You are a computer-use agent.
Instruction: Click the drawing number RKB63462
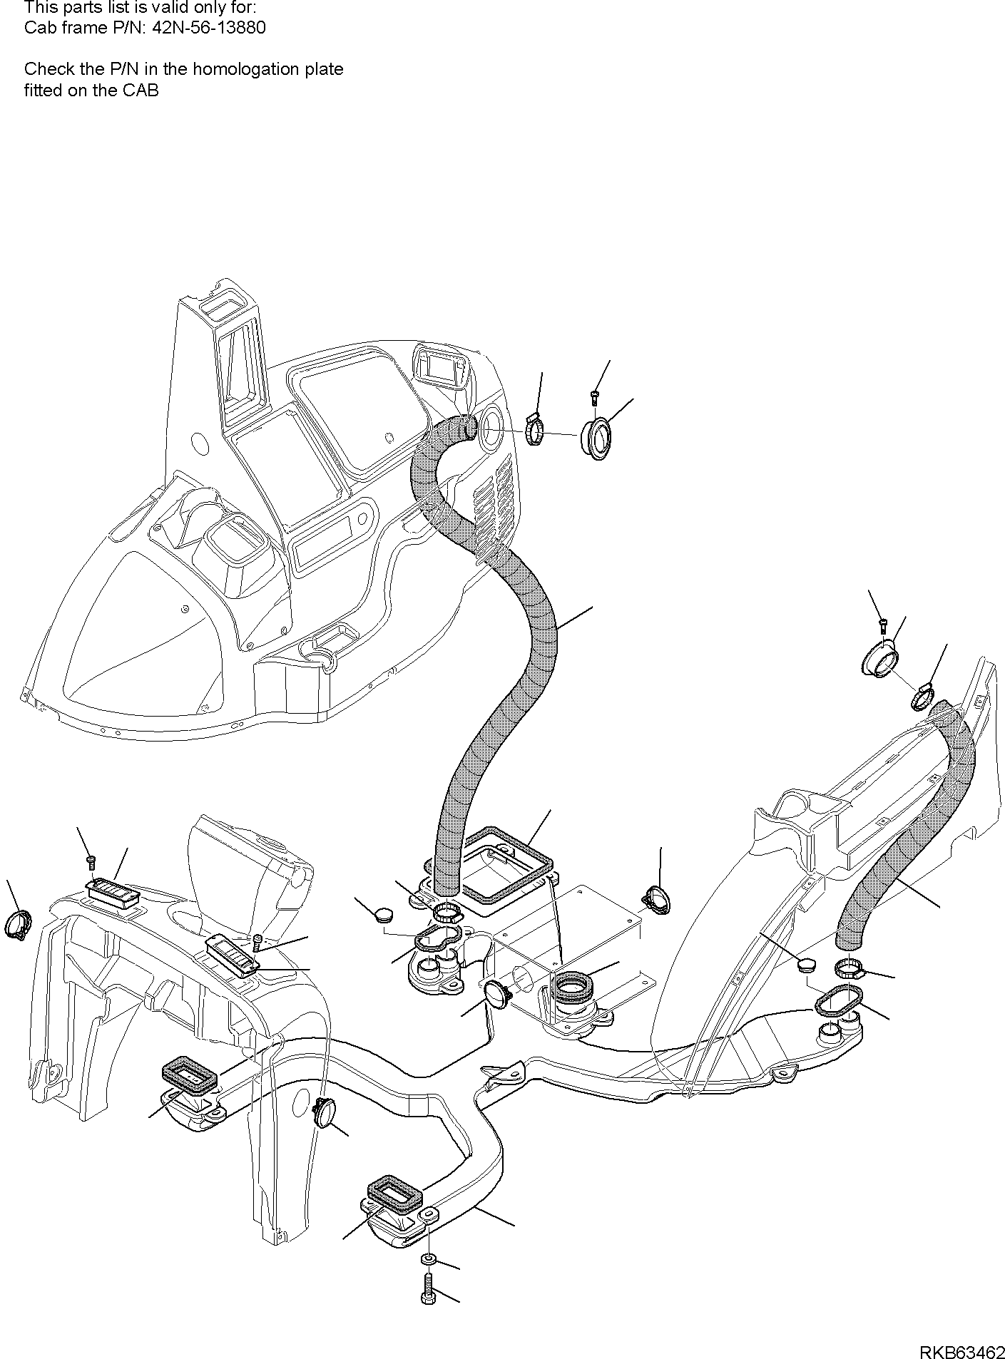click(960, 1348)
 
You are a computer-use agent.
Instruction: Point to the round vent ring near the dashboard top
click(596, 439)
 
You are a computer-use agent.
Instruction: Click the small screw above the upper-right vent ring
click(883, 625)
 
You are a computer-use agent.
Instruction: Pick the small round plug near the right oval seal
click(806, 965)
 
